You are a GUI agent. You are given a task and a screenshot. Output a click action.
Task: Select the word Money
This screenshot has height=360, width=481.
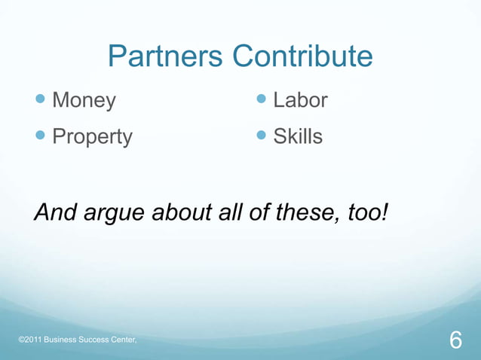coord(84,100)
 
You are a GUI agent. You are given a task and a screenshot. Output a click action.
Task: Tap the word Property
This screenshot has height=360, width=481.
coord(92,136)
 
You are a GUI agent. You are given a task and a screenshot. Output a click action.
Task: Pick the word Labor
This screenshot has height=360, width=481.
coord(300,100)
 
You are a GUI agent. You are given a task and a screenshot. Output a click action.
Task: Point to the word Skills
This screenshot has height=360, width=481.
coord(298,136)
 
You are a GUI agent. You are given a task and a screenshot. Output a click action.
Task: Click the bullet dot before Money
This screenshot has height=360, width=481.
coord(41,99)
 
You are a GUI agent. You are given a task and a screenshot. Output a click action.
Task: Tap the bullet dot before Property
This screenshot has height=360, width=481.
coord(41,136)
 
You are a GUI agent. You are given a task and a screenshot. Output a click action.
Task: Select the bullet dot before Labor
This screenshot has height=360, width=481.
coord(262,99)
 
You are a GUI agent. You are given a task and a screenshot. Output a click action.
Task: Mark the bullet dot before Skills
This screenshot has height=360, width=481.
coord(262,136)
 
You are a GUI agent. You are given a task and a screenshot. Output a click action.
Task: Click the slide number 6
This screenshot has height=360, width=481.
coord(455,340)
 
